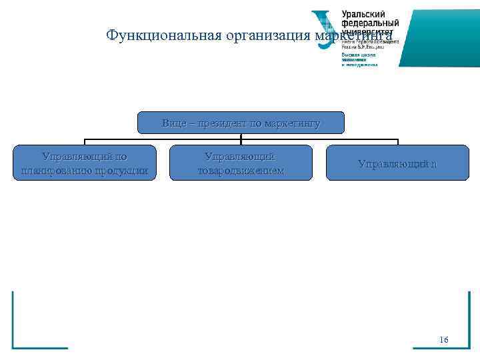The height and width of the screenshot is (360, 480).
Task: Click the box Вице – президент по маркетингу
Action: click(x=241, y=123)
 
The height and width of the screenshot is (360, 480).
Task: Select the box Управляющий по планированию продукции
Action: click(x=85, y=163)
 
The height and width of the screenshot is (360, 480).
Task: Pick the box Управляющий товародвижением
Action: click(x=241, y=163)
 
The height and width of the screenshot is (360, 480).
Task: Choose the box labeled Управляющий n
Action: click(x=397, y=163)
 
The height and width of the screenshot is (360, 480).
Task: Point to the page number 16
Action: click(x=444, y=341)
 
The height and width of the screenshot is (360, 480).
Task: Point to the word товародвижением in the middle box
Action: click(x=241, y=171)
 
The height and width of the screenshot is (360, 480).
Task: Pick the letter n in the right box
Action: click(x=434, y=163)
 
